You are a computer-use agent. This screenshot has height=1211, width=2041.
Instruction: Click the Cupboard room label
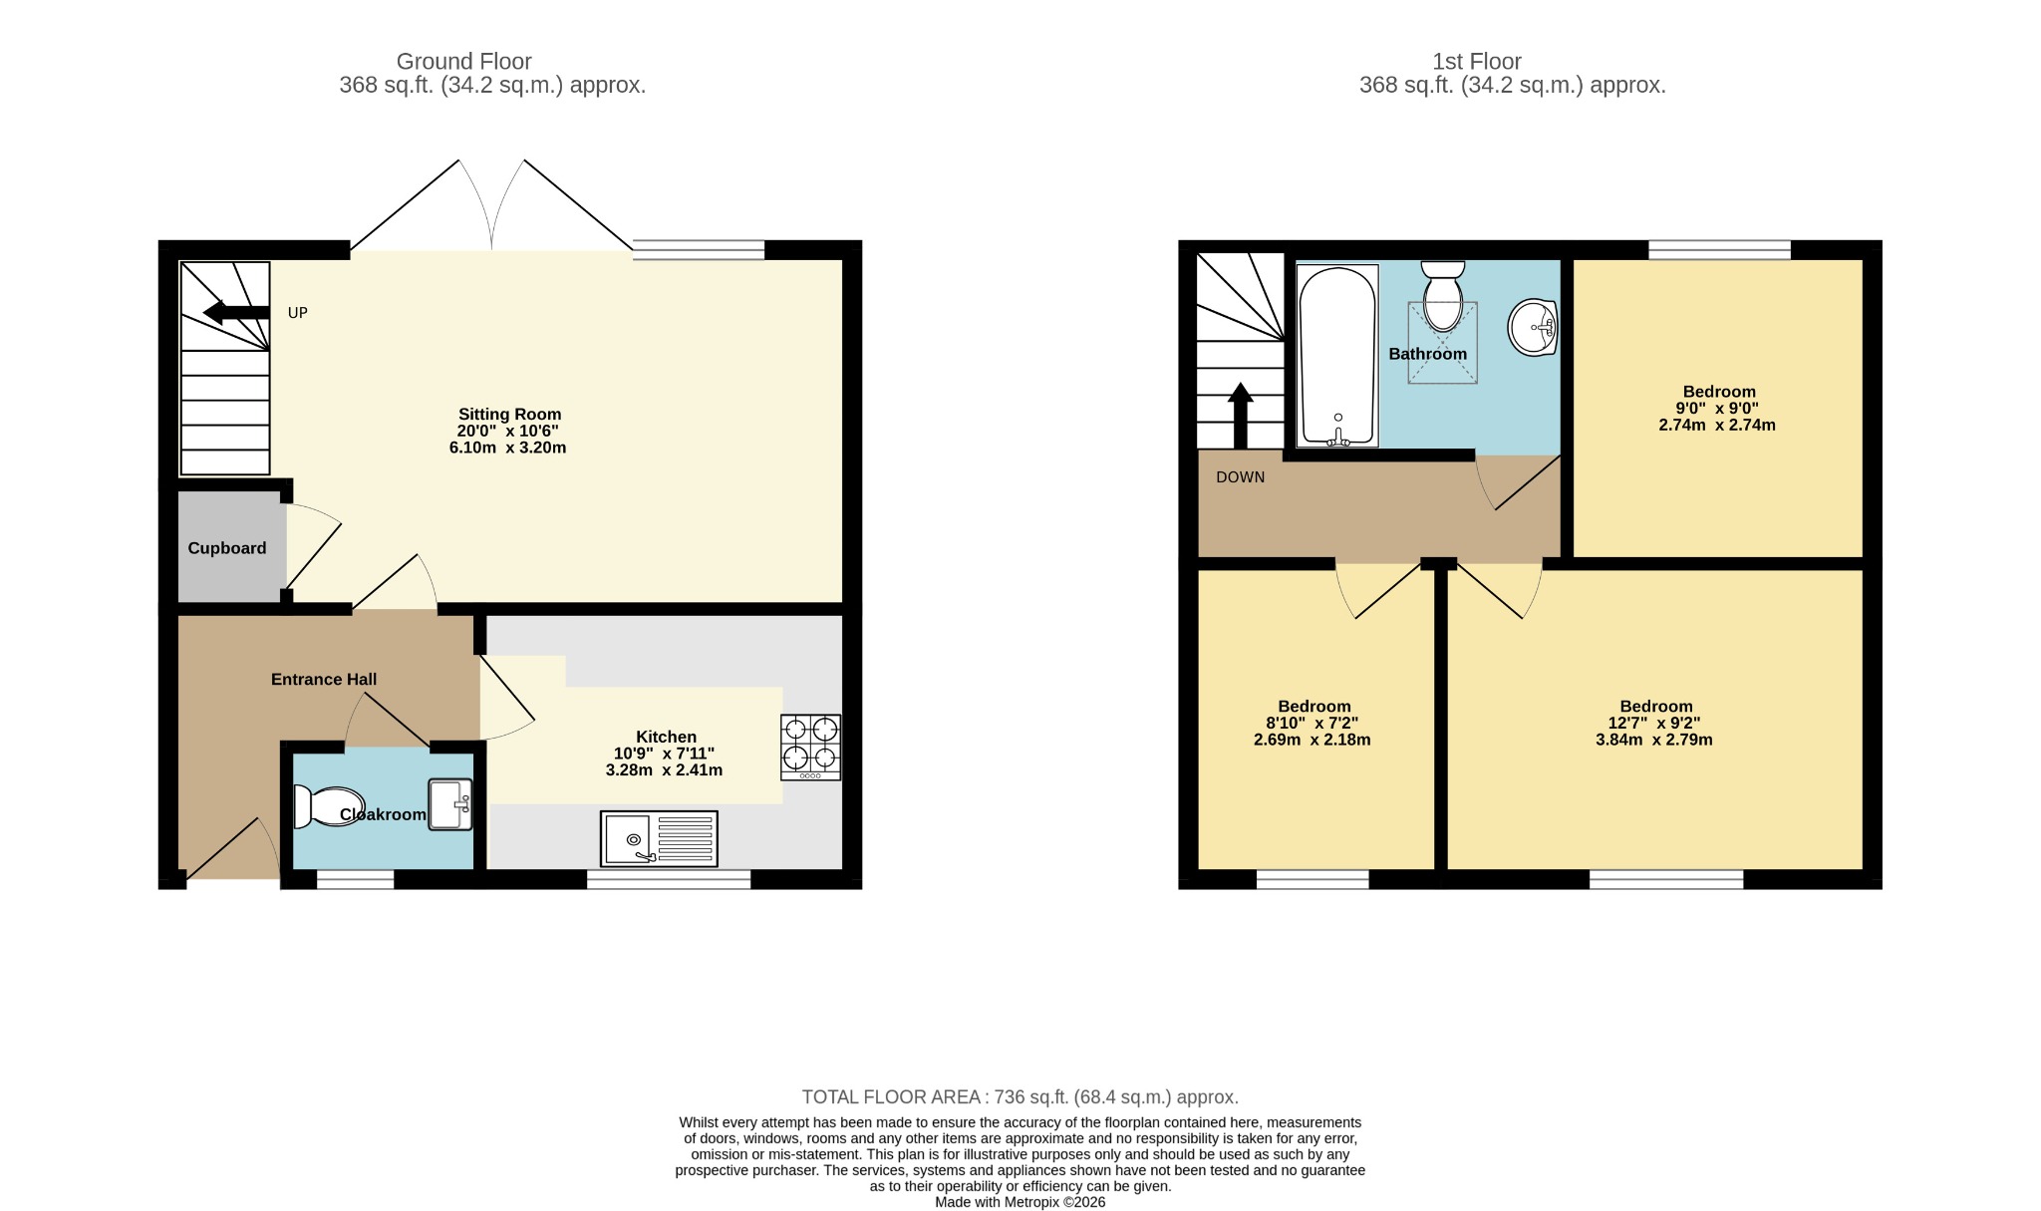point(227,548)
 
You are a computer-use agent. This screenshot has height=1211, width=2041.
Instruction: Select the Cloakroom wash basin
point(450,804)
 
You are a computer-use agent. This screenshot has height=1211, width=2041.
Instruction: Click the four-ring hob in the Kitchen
point(810,748)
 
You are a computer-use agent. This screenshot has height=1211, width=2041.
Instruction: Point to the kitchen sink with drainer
point(659,838)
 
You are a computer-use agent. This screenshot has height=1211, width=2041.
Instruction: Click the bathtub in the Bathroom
point(1337,355)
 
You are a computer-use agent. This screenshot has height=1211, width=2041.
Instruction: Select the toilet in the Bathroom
point(1442,296)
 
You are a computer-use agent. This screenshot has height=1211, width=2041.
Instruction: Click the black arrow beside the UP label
point(236,313)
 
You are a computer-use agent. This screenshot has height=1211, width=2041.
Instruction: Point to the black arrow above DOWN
point(1240,417)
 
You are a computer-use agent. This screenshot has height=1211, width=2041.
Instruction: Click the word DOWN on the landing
point(1240,477)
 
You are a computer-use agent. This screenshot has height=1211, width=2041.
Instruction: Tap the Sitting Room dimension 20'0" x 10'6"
point(508,432)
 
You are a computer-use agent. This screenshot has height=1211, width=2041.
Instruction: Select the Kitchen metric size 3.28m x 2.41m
point(665,770)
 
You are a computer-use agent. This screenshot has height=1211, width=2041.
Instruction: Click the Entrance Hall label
point(324,680)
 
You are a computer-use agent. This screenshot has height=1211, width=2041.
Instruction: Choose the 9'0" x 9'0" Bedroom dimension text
point(1717,409)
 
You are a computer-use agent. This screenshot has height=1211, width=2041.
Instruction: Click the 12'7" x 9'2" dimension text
point(1654,724)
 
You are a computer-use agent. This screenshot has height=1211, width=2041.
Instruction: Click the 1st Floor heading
point(1477,62)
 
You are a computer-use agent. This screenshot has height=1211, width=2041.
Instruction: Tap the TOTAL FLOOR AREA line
point(1020,1097)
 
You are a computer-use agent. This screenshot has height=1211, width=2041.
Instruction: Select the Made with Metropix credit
point(1020,1202)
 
